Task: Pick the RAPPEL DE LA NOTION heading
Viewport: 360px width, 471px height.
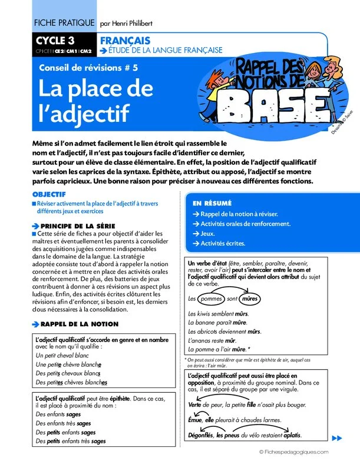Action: click(x=79, y=324)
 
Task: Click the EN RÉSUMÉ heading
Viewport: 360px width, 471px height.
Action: click(x=212, y=203)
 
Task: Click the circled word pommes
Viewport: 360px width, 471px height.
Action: click(x=212, y=298)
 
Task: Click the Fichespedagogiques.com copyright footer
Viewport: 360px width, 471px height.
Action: click(x=300, y=451)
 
